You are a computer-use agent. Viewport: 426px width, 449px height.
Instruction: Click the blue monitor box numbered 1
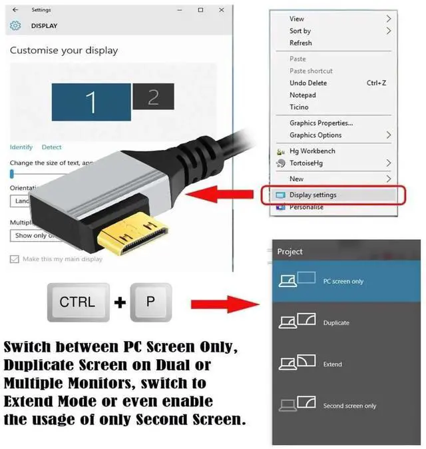click(x=91, y=101)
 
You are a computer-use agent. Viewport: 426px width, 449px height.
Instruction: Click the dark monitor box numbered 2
click(x=153, y=97)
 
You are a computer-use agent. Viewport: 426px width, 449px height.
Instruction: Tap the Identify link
click(x=21, y=147)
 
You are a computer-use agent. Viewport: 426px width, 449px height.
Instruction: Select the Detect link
click(x=51, y=147)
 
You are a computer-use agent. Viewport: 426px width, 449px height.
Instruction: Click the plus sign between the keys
click(x=120, y=303)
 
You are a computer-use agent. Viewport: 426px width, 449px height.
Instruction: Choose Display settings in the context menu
click(x=313, y=195)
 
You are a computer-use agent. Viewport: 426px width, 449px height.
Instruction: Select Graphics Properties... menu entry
click(x=321, y=123)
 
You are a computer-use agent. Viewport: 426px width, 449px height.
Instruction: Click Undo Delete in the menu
click(x=308, y=83)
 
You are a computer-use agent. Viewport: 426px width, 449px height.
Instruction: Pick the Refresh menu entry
click(x=301, y=43)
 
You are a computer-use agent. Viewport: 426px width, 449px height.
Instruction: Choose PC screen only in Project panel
click(x=343, y=281)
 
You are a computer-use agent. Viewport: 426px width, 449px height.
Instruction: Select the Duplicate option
click(x=336, y=323)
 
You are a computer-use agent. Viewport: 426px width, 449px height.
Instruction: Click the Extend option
click(x=333, y=364)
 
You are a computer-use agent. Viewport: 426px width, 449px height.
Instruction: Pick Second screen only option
click(x=349, y=406)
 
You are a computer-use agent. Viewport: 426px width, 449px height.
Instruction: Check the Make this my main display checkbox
click(x=15, y=259)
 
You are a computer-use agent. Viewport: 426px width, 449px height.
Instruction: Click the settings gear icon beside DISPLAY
click(x=15, y=26)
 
